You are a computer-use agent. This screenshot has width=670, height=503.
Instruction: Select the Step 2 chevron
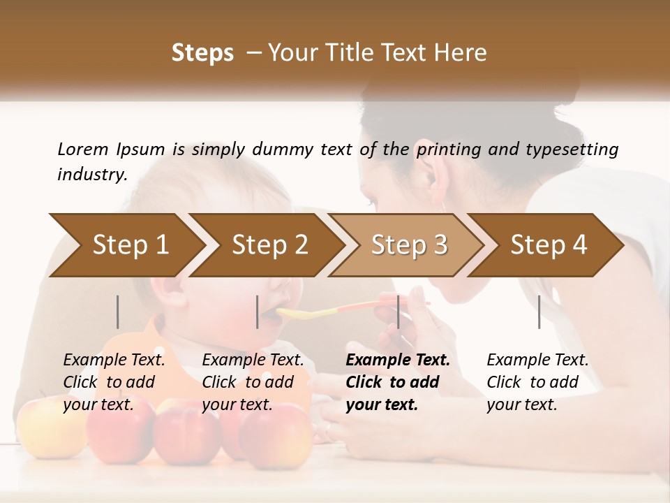tap(269, 245)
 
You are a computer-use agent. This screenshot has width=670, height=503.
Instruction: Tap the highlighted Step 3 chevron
tap(409, 245)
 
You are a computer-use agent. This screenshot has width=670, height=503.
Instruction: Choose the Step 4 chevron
tap(549, 245)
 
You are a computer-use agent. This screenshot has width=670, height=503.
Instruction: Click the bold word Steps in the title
tap(202, 53)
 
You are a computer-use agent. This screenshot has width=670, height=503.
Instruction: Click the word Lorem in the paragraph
tap(82, 149)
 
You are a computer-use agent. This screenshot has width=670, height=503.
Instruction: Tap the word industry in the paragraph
tap(91, 174)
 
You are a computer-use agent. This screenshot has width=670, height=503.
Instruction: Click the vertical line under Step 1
tap(118, 312)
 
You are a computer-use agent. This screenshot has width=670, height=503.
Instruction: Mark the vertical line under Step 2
tap(258, 312)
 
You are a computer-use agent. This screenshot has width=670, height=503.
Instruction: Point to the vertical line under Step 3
tap(399, 312)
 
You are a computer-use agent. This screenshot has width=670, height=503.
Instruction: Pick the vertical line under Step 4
tap(539, 312)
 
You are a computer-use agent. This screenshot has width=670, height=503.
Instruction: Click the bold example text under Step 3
tap(398, 382)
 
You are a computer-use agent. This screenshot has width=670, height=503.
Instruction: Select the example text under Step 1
tap(114, 382)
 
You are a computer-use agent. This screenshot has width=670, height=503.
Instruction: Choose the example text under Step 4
tap(537, 382)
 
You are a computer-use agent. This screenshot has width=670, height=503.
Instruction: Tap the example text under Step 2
tap(253, 382)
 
